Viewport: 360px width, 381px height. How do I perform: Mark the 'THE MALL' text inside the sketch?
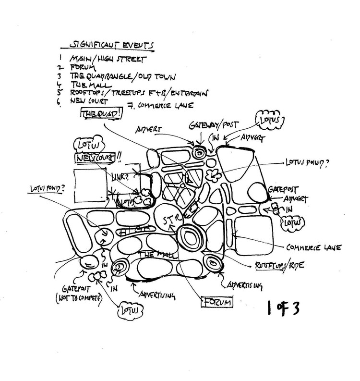click(153, 254)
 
